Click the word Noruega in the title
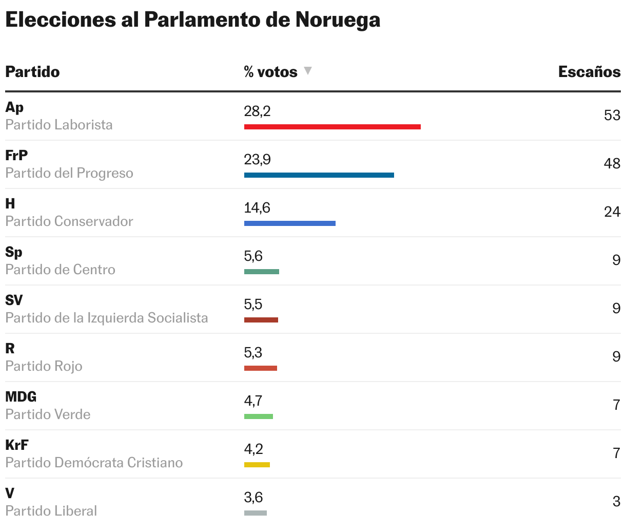point(337,20)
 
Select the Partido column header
point(32,71)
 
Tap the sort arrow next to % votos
point(308,71)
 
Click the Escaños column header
point(589,71)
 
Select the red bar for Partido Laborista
point(332,127)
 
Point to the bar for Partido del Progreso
point(319,175)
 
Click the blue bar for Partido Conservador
point(289,223)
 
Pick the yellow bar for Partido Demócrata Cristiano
point(257,465)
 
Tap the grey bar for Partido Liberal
point(255,513)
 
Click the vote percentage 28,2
point(257,111)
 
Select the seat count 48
point(612,163)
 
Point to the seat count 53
point(612,115)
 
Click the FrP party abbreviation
point(16,155)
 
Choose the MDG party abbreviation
point(21,396)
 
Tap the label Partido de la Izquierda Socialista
point(107,318)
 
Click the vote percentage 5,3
point(253,352)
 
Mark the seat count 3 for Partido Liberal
point(616,501)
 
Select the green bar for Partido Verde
point(258,416)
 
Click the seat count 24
point(612,212)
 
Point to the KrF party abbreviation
point(16,445)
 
